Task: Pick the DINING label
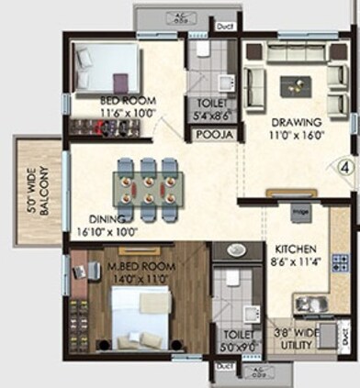[x=107, y=219]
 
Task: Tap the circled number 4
[x=344, y=168]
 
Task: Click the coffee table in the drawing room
[x=295, y=85]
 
